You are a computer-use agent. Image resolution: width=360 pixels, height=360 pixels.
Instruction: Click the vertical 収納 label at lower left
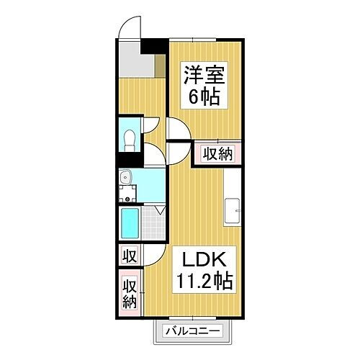point(129,293)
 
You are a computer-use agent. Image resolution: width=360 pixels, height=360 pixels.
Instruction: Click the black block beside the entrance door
point(151,45)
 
